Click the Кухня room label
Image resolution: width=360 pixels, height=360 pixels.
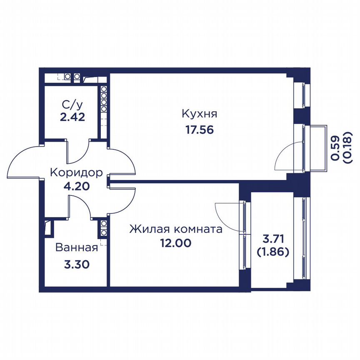tap(199, 114)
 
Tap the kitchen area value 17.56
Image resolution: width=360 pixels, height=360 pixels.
tap(200, 130)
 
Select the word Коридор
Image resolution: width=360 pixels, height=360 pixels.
tap(76, 172)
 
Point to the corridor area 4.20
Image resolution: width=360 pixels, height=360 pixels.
tap(76, 186)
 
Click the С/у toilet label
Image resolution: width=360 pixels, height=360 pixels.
tap(72, 105)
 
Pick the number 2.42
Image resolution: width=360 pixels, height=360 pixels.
tap(72, 117)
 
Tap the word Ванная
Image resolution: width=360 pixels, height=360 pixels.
tap(77, 247)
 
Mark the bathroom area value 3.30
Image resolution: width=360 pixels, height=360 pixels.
tap(77, 265)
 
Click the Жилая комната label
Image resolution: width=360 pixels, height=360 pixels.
tap(176, 229)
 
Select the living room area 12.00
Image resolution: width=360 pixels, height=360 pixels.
tap(176, 243)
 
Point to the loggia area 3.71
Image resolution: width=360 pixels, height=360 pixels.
tap(273, 239)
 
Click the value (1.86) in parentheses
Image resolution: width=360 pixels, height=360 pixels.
tap(273, 252)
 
